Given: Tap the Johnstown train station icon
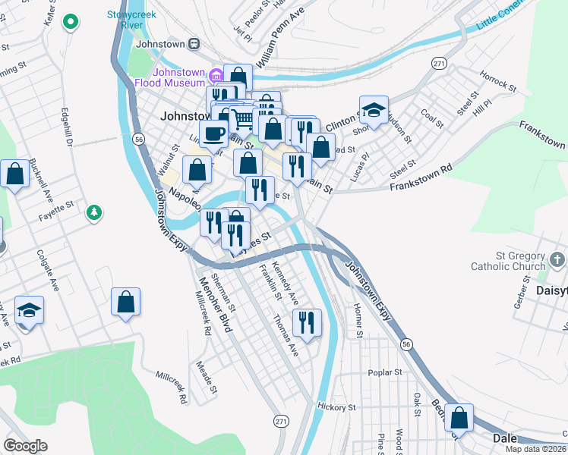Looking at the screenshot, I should (194, 43).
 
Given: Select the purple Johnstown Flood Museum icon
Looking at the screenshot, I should (216, 74).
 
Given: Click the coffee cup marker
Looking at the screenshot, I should (213, 132).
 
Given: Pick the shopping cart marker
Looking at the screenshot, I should (242, 119).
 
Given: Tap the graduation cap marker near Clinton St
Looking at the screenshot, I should (374, 110).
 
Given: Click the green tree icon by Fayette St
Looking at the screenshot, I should (93, 212).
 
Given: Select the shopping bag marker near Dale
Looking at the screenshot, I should (459, 418).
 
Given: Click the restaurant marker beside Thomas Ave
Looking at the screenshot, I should (307, 323).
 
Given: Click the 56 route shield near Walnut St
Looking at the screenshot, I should (138, 139).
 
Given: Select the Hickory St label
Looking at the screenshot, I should (336, 407).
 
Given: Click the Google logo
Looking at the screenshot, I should (26, 445).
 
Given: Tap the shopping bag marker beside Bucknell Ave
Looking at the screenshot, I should (15, 174).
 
